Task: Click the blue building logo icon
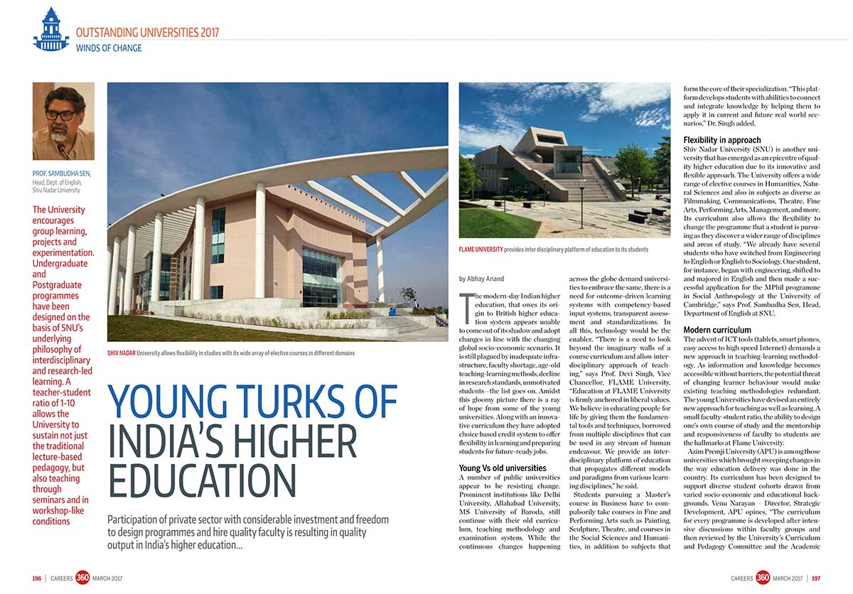(51, 30)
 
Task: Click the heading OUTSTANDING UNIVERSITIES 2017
(147, 32)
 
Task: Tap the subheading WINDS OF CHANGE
(109, 48)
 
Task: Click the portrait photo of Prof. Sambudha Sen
(63, 121)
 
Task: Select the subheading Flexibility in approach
(722, 140)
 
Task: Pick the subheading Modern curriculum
(717, 330)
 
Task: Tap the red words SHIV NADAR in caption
(121, 352)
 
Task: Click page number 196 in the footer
(37, 578)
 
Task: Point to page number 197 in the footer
(815, 578)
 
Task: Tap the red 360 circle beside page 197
(763, 578)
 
